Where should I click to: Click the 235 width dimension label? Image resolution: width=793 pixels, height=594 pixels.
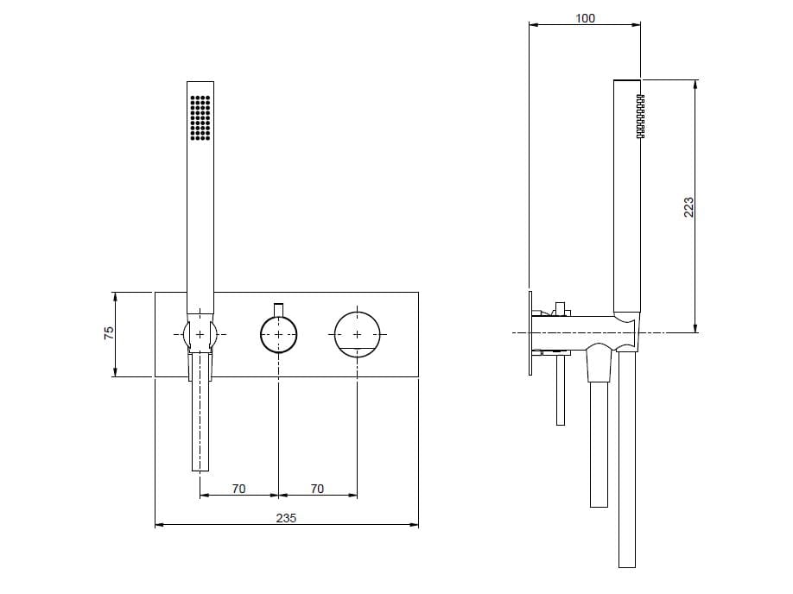[286, 517]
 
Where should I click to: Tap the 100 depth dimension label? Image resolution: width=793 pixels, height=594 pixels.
[585, 18]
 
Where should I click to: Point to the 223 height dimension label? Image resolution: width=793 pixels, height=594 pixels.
[688, 207]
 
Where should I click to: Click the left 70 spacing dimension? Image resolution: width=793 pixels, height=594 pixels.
[238, 489]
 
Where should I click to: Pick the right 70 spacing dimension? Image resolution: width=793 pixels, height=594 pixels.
[317, 489]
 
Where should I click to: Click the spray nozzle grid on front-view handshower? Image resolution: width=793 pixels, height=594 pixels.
[200, 117]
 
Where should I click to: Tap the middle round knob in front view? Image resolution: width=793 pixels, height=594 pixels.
[278, 333]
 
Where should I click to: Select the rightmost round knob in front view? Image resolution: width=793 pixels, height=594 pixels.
[357, 332]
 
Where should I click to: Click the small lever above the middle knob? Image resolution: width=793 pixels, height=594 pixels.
[278, 309]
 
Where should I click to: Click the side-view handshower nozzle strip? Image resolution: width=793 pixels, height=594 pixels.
[640, 117]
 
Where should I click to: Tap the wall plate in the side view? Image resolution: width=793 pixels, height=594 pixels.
[528, 332]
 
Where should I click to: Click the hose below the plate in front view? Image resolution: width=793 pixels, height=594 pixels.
[200, 423]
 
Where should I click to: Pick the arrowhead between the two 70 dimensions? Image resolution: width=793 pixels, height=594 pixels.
[278, 496]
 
